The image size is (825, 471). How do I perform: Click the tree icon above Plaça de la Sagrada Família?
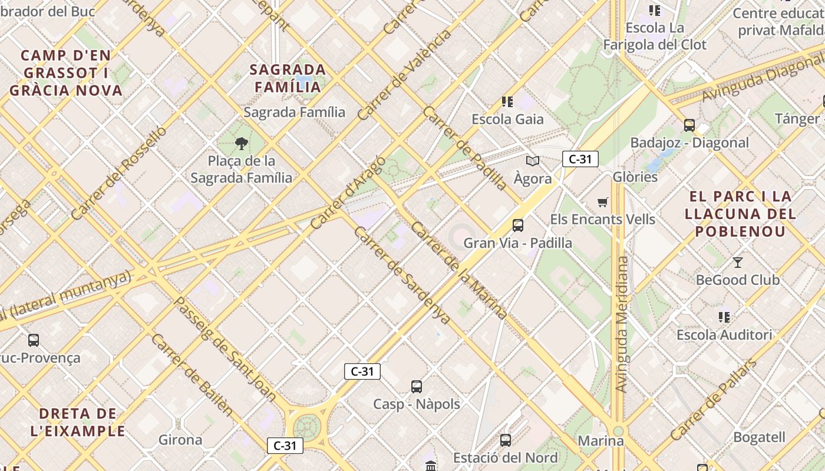[x=241, y=143]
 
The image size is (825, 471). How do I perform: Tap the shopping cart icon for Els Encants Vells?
[x=602, y=203]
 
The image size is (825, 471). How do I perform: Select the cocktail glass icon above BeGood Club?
[x=737, y=262]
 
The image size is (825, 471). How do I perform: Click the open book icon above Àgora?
[x=533, y=161]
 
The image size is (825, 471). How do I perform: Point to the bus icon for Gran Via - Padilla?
[x=518, y=225]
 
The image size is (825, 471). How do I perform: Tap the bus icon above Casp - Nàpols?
[x=417, y=387]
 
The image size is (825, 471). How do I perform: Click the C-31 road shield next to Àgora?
[x=580, y=159]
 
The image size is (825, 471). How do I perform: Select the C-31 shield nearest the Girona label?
[x=285, y=446]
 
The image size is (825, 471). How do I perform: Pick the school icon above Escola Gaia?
[x=507, y=102]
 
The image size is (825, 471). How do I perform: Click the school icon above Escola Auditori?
[x=724, y=317]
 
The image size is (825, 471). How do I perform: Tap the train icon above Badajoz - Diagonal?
[x=689, y=125]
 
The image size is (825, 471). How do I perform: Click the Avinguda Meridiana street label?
[x=622, y=324]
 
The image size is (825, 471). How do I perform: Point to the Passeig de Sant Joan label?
[x=226, y=349]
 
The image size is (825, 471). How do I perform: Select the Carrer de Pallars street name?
[x=714, y=400]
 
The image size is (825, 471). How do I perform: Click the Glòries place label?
[x=635, y=177]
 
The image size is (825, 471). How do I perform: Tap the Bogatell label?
[x=759, y=437]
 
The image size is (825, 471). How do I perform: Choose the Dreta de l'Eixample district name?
[x=78, y=422]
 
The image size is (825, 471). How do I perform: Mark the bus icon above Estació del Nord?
[x=506, y=440]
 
